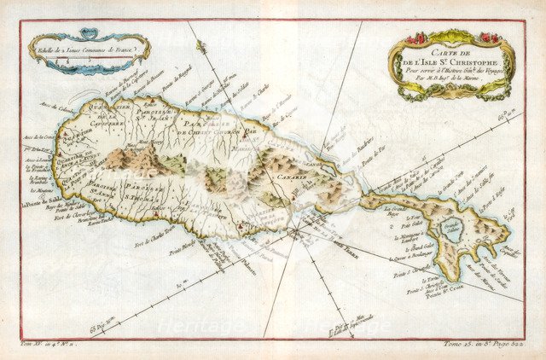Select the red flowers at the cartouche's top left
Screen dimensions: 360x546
(415, 39)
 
